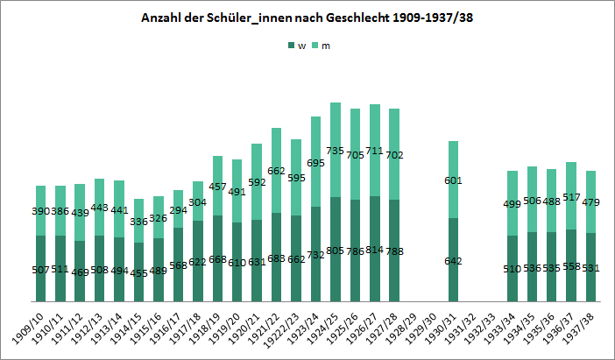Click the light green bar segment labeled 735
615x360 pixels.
(x=336, y=151)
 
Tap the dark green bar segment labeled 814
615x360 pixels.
(x=374, y=250)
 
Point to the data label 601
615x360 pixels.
(x=453, y=180)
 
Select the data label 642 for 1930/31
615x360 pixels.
(x=453, y=261)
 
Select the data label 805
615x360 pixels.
(x=336, y=251)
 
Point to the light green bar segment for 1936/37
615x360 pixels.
(x=571, y=195)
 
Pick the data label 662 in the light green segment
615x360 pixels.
(x=276, y=171)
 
